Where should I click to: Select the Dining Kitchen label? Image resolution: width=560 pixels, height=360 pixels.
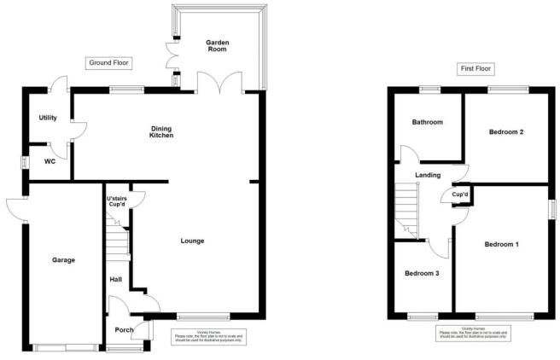click(162, 131)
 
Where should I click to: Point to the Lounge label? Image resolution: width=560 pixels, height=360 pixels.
click(192, 241)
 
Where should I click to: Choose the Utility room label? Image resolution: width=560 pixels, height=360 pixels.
click(48, 118)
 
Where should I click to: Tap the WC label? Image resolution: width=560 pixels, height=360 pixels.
click(50, 160)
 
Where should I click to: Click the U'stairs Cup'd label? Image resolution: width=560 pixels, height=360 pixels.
click(117, 203)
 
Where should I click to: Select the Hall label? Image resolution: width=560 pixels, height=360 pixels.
click(116, 279)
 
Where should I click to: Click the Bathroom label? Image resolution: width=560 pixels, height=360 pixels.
click(428, 122)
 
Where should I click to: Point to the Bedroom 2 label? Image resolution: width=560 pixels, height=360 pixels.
click(505, 132)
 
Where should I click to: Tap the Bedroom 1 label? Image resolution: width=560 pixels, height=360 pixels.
click(502, 244)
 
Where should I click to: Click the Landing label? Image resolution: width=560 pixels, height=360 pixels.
click(428, 175)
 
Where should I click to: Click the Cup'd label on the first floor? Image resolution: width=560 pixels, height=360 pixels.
click(461, 195)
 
